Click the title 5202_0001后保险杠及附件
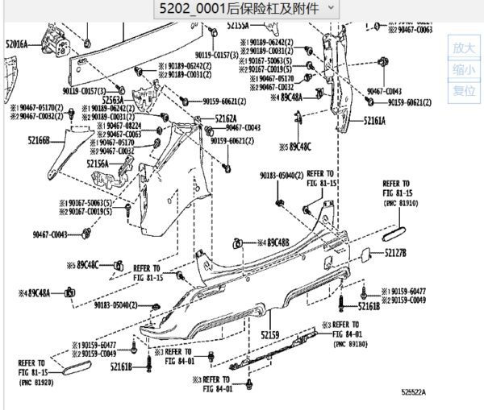(240, 10)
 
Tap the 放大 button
(464, 48)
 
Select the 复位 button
(464, 90)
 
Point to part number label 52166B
(38, 140)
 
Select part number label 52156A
(98, 164)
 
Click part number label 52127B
(395, 253)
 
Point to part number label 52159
(269, 334)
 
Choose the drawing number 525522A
(414, 392)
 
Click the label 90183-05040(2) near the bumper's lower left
(112, 305)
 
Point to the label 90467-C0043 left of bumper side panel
(50, 234)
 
